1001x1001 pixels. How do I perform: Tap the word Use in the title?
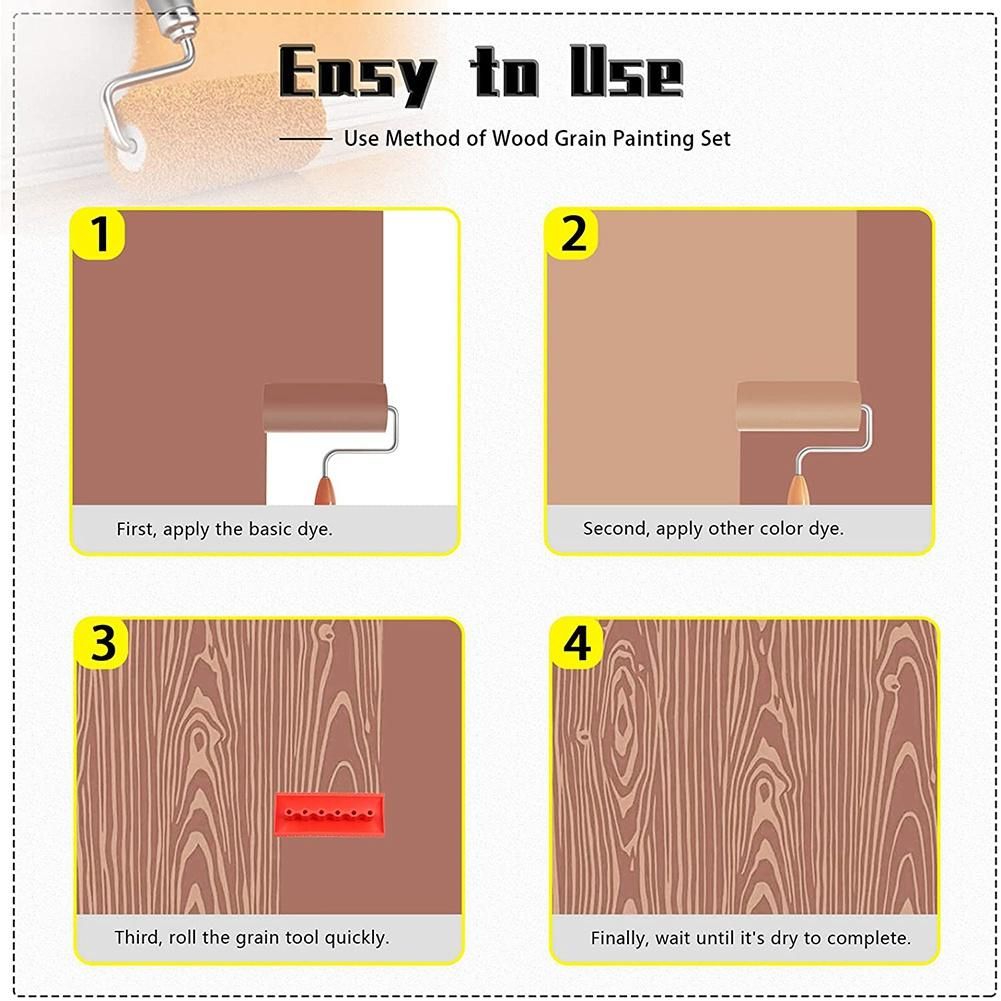point(626,72)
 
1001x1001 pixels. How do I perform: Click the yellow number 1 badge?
point(99,234)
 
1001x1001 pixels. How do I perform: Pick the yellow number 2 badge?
point(573,234)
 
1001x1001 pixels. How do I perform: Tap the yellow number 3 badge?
point(103,644)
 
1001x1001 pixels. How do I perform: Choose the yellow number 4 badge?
point(576,644)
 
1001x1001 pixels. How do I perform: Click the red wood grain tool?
point(329,815)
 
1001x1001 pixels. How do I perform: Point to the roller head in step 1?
point(325,408)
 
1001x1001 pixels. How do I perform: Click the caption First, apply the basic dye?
point(224,529)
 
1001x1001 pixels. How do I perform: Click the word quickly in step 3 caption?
point(356,938)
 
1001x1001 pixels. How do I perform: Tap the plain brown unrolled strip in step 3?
point(421,766)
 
